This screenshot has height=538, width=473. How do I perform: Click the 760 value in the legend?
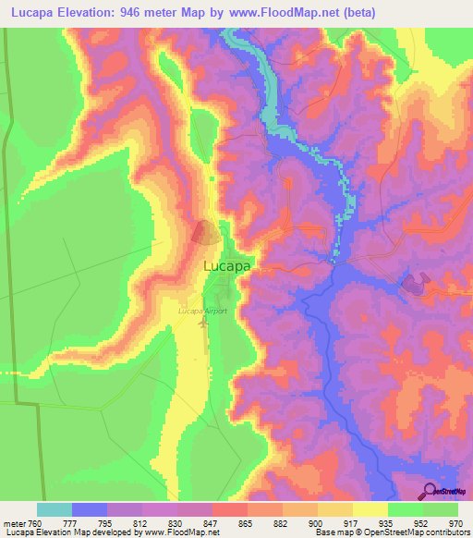[x=35, y=522]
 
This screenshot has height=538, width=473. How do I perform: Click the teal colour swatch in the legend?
[x=55, y=509]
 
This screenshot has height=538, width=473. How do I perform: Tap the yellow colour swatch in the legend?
[x=370, y=509]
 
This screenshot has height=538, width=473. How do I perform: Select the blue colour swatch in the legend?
[x=90, y=509]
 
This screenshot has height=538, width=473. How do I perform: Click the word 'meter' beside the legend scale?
[x=13, y=522]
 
